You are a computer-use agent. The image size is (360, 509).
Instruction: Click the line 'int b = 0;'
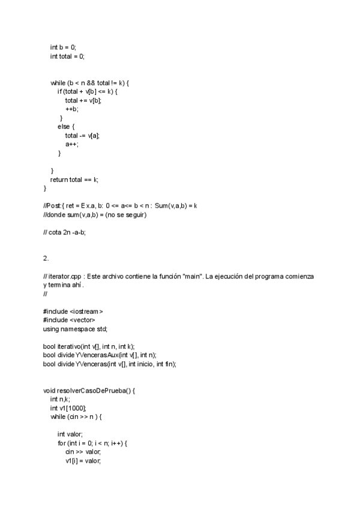point(63,47)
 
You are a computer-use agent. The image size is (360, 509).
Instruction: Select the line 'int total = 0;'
point(67,56)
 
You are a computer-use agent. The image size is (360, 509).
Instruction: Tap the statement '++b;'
point(72,109)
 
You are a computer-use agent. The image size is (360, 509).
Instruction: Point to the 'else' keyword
point(63,127)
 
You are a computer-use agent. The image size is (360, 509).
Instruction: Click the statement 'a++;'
point(71,144)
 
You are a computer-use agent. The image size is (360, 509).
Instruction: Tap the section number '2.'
point(46,258)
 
